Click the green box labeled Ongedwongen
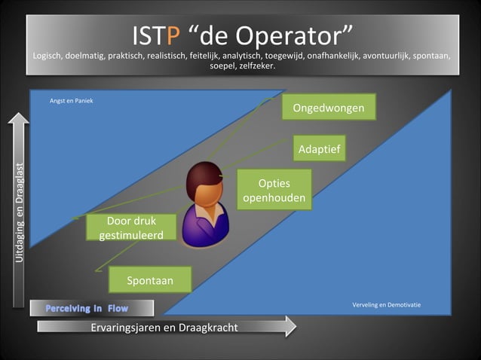coord(328,108)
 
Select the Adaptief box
coord(319,150)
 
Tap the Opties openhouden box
coord(274,191)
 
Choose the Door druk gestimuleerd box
coord(131,228)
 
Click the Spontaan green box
coord(150,280)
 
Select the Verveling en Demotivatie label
coord(386,305)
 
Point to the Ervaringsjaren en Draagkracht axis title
coord(164,327)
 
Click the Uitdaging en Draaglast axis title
coord(19,213)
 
